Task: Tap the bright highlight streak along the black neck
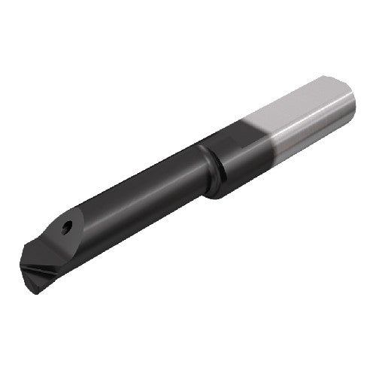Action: (135, 184)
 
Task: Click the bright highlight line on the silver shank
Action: (301, 113)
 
